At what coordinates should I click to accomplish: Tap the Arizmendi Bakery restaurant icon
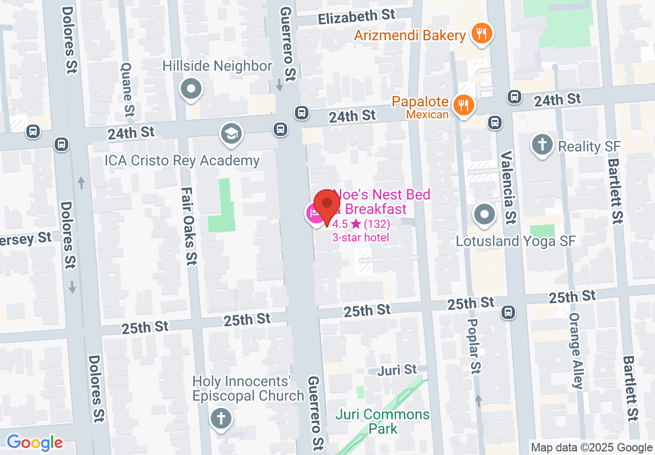point(481,34)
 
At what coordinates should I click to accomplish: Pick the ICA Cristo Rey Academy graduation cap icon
point(231,134)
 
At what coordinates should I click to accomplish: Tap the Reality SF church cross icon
point(542,145)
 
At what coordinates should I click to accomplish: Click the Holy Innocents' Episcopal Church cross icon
point(221,418)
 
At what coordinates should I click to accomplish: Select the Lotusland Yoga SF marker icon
point(484,215)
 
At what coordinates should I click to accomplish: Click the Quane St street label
point(128,89)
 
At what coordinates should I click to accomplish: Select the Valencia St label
point(508,187)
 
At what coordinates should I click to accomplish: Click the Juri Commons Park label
point(382,421)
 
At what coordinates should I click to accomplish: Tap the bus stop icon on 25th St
point(508,312)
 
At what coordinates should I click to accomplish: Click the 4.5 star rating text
point(361,224)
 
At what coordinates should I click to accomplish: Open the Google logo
point(35,443)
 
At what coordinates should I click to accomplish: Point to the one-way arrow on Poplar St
point(478,400)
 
